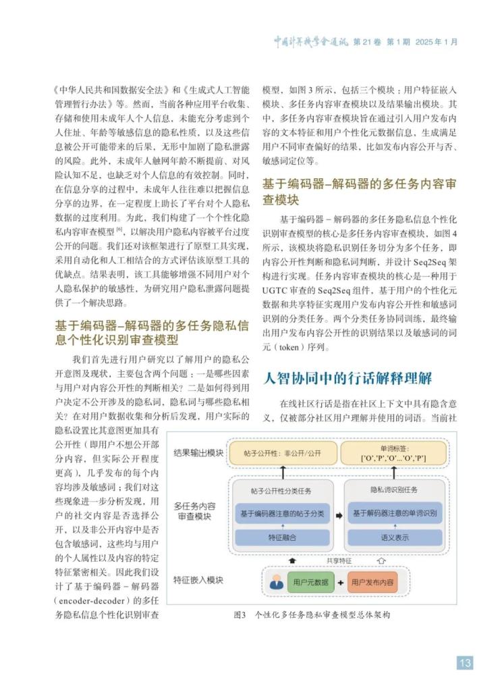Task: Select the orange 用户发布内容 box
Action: click(x=371, y=581)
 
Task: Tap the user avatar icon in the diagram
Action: click(x=276, y=581)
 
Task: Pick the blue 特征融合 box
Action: click(x=282, y=537)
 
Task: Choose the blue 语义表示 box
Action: click(x=394, y=537)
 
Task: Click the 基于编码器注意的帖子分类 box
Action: click(x=282, y=513)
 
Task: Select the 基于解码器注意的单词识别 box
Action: click(x=394, y=513)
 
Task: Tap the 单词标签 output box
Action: click(x=393, y=454)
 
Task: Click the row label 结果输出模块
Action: click(x=197, y=452)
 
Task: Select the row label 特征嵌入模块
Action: click(x=198, y=579)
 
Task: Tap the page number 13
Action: click(x=465, y=662)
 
